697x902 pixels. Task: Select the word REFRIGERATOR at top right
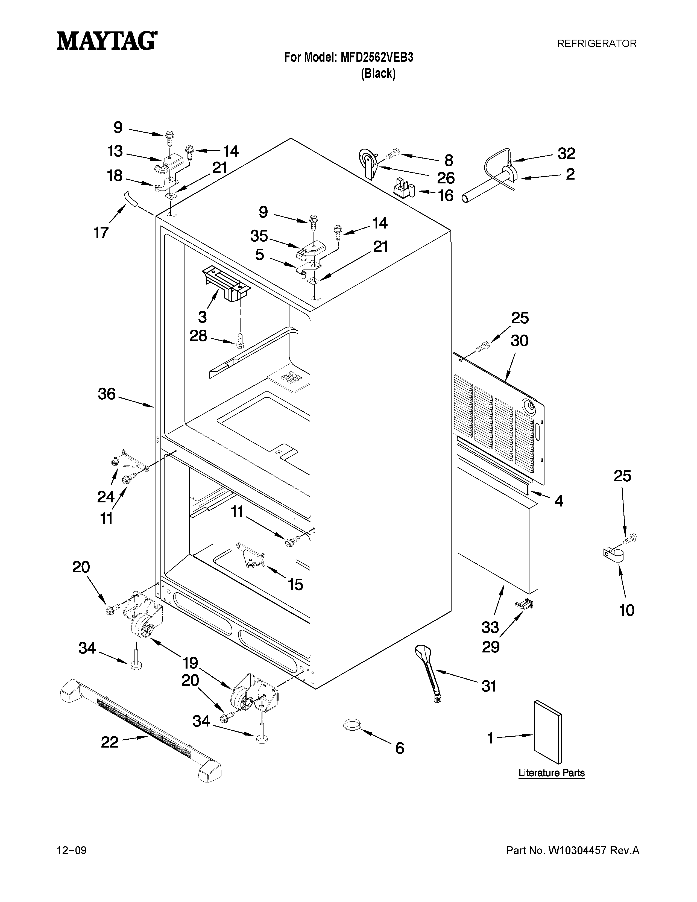point(597,43)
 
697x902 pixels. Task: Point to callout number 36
point(107,394)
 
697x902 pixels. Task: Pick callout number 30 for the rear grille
point(519,341)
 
